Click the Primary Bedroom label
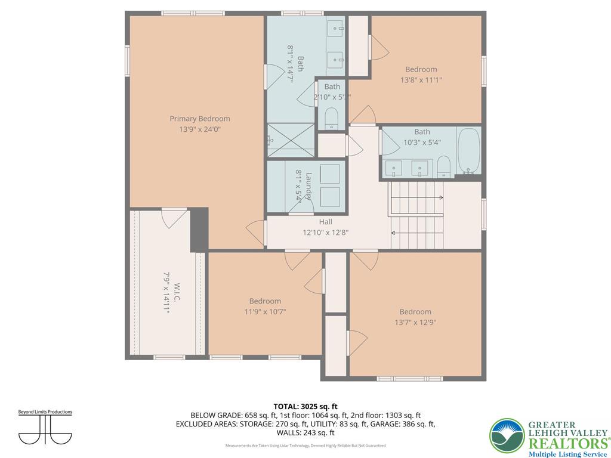199,119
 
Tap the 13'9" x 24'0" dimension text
199,129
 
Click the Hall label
325,222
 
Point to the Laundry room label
308,185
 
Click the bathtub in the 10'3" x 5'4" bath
468,151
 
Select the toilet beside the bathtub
443,166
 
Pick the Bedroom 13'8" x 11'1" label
421,69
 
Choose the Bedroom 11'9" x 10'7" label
265,301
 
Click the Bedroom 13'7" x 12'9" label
415,312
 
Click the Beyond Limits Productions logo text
45,412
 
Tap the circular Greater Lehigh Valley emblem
507,435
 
